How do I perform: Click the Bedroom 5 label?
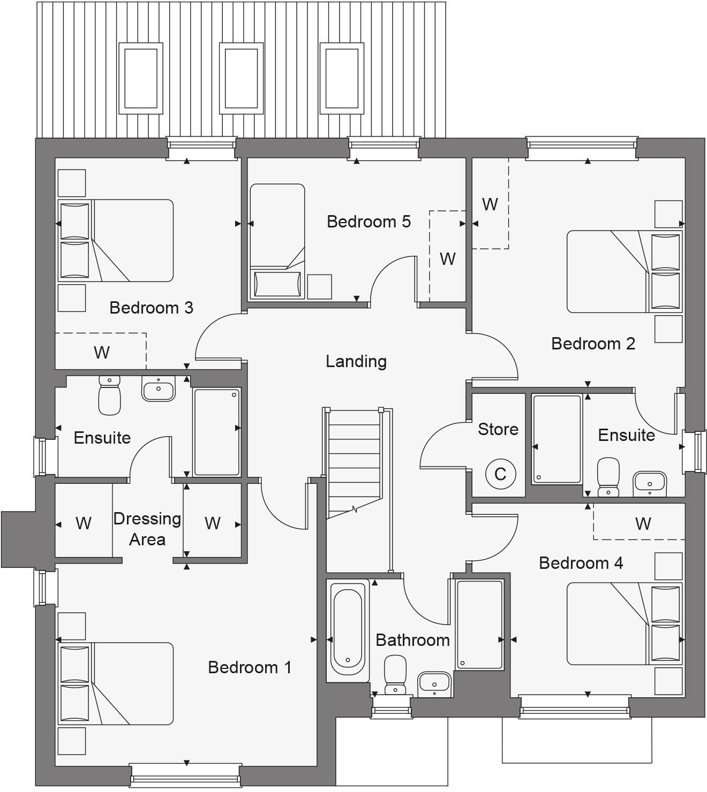[x=368, y=222]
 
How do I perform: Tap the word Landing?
[x=356, y=362]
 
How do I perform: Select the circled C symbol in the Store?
[x=500, y=474]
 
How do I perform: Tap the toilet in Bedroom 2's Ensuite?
[x=608, y=476]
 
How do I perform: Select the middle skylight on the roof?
[x=241, y=78]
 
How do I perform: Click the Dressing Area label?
[x=147, y=529]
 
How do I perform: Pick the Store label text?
[x=498, y=429]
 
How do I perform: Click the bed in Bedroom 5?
[x=277, y=241]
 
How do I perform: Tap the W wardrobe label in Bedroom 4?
[x=643, y=523]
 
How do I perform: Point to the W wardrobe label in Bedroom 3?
[x=102, y=352]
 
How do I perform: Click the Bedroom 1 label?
[x=250, y=667]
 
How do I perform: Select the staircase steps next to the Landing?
[x=354, y=460]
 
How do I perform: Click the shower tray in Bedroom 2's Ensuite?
[x=557, y=439]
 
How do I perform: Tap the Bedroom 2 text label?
[x=593, y=344]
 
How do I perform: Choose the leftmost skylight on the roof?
[x=140, y=78]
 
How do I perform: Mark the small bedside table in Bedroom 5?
[x=319, y=287]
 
